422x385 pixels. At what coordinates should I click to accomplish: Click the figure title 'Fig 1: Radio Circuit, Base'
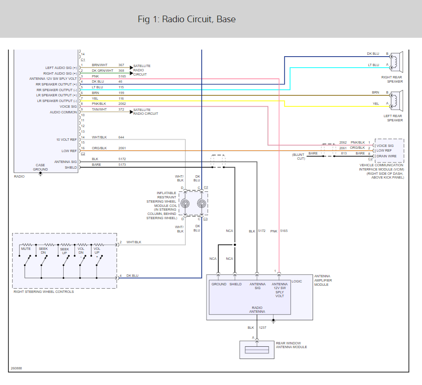[187, 19]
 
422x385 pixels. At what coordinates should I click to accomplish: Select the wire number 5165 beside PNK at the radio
[122, 76]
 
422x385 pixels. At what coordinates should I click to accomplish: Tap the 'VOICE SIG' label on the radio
[67, 107]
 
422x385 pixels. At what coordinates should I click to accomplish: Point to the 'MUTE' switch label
[26, 248]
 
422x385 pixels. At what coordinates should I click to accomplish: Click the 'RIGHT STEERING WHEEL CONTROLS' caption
[44, 291]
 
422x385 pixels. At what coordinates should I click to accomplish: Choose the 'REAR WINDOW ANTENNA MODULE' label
[291, 345]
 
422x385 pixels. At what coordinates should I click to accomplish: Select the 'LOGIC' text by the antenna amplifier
[297, 281]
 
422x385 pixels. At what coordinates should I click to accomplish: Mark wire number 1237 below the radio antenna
[263, 327]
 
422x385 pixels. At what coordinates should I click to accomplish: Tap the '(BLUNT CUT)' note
[298, 157]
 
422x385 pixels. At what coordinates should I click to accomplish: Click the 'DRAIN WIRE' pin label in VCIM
[387, 156]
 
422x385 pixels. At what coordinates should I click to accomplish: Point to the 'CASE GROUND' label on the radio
[40, 167]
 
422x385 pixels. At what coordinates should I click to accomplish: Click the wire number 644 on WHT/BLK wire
[121, 137]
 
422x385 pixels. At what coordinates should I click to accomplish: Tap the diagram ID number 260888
[16, 368]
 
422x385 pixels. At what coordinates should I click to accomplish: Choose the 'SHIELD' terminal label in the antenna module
[236, 284]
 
